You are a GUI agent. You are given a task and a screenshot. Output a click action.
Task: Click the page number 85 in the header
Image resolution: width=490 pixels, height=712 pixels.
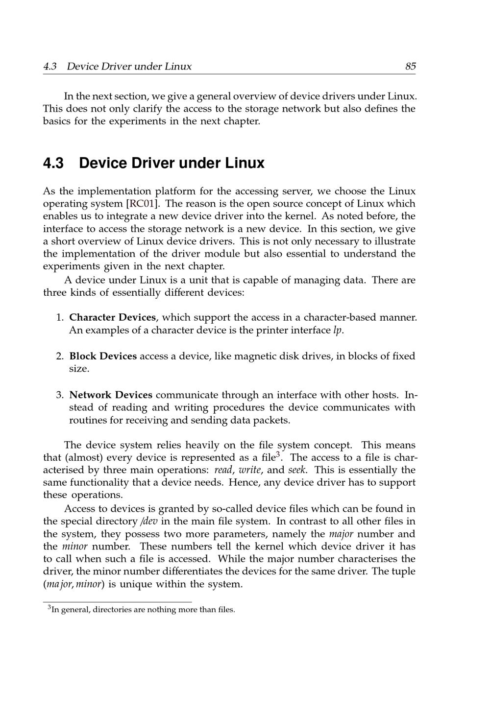410,67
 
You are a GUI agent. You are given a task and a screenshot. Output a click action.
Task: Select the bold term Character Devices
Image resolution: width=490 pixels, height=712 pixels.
112,317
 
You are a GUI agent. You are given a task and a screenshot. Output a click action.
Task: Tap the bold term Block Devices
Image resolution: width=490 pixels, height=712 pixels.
103,356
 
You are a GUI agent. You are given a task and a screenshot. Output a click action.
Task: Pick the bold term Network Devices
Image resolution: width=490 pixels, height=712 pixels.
111,395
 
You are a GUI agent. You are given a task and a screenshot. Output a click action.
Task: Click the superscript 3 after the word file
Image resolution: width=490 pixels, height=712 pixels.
278,455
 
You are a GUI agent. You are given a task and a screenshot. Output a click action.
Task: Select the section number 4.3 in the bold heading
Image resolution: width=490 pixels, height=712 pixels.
53,163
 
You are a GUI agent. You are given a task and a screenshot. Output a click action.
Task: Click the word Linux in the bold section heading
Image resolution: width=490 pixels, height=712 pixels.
245,163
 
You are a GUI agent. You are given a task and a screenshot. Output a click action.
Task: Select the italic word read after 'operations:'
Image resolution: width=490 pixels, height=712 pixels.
223,470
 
